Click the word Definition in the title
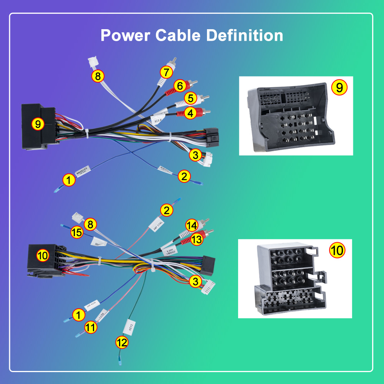point(245,36)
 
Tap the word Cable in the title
point(178,36)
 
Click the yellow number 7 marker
point(166,72)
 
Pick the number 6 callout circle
point(179,86)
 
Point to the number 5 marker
point(190,99)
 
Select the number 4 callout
point(190,113)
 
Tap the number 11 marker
point(91,327)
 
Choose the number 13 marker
point(196,239)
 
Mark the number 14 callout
point(192,225)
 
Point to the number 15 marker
point(76,232)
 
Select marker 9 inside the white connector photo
point(339,88)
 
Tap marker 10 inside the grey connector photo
point(338,250)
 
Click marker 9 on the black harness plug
point(38,124)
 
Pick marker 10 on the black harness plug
point(43,255)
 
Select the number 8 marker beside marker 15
point(91,224)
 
